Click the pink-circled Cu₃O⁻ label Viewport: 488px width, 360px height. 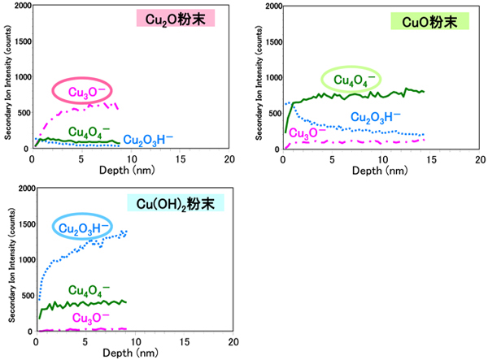[x=82, y=89]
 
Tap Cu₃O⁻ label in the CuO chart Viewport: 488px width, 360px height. [x=307, y=133]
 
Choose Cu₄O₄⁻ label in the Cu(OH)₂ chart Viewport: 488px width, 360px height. [x=89, y=289]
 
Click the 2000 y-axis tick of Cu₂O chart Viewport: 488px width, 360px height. [x=20, y=7]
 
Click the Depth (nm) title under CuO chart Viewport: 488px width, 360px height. [x=379, y=171]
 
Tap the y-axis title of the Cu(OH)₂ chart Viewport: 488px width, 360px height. [x=7, y=260]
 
